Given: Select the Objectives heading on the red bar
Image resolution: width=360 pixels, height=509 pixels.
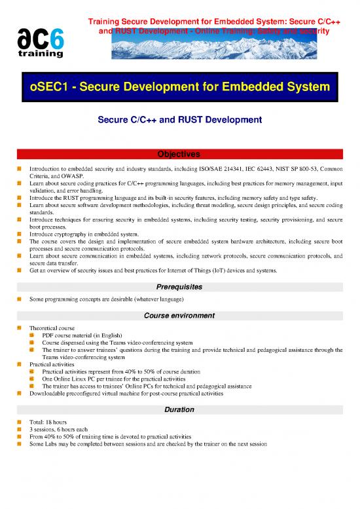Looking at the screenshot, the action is pyautogui.click(x=180, y=154).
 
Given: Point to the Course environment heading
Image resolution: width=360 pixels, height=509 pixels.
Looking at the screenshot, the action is pyautogui.click(x=180, y=315).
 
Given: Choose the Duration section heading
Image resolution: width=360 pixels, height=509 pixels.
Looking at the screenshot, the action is pyautogui.click(x=180, y=409).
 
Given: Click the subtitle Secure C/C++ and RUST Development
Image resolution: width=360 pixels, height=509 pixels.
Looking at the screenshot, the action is pyautogui.click(x=180, y=120).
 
